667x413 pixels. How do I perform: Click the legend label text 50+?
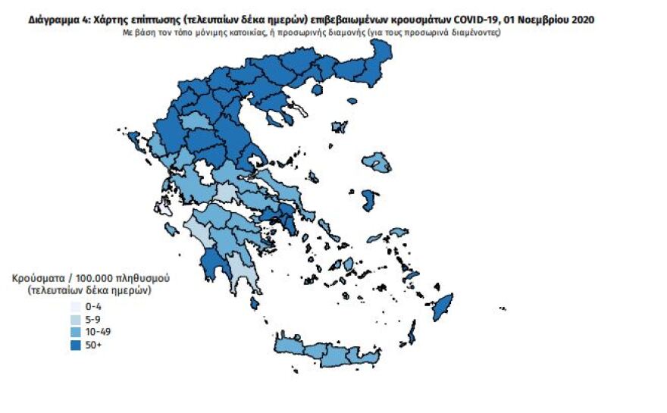94,345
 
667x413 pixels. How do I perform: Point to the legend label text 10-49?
99,332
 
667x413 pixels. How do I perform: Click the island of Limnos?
339,126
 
